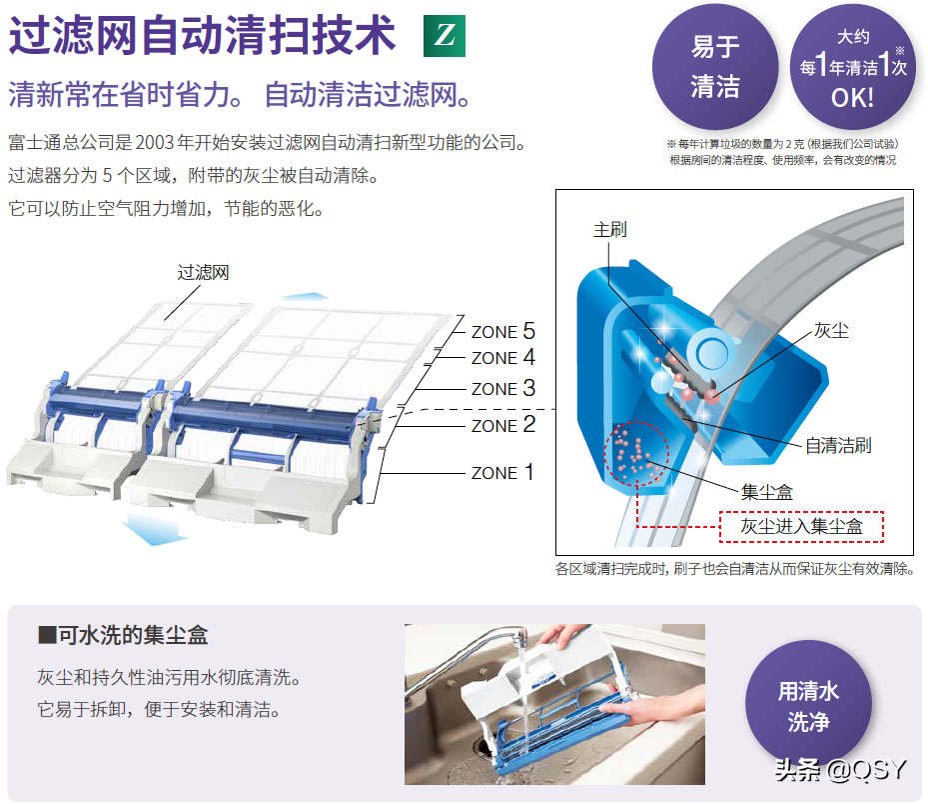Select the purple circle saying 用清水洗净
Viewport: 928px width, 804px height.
(807, 706)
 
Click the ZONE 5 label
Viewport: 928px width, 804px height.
(503, 331)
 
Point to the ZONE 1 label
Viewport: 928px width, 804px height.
(502, 472)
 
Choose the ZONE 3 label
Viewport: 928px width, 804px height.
(503, 389)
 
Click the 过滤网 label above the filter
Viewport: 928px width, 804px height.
(203, 272)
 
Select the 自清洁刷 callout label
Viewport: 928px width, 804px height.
(837, 445)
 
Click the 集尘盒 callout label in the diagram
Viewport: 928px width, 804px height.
(767, 492)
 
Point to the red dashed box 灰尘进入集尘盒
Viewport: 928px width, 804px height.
(801, 526)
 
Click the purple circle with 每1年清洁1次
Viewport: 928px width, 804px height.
(853, 67)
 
